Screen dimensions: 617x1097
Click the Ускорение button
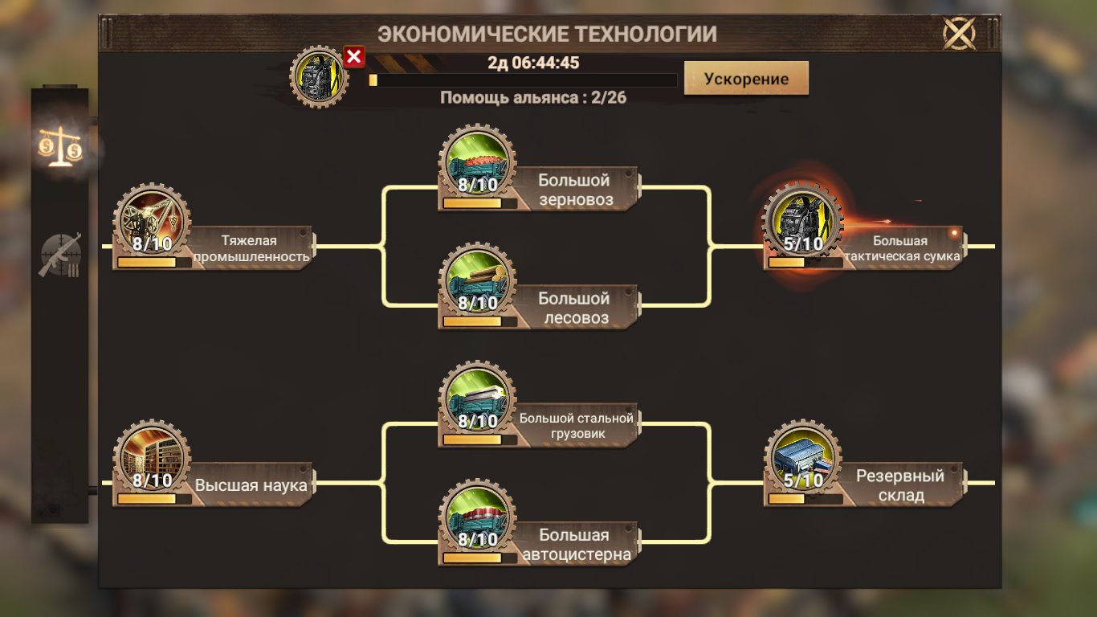pyautogui.click(x=746, y=79)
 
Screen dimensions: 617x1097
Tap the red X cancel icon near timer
pyautogui.click(x=354, y=56)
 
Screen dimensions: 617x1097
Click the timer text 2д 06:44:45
pyautogui.click(x=533, y=63)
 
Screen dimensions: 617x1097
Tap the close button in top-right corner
pyautogui.click(x=959, y=34)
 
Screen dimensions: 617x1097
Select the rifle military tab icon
pyautogui.click(x=61, y=255)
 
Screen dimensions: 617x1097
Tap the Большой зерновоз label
pyautogui.click(x=574, y=190)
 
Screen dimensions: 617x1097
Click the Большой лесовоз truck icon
pyautogui.click(x=478, y=281)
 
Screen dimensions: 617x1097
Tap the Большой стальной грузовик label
pyautogui.click(x=576, y=426)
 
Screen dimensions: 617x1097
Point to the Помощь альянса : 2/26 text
pyautogui.click(x=533, y=98)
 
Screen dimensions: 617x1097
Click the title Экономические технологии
pyautogui.click(x=548, y=35)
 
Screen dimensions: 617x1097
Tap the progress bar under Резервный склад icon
pyautogui.click(x=805, y=499)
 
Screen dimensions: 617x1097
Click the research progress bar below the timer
pyautogui.click(x=522, y=80)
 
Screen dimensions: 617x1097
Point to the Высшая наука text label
pyautogui.click(x=252, y=485)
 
